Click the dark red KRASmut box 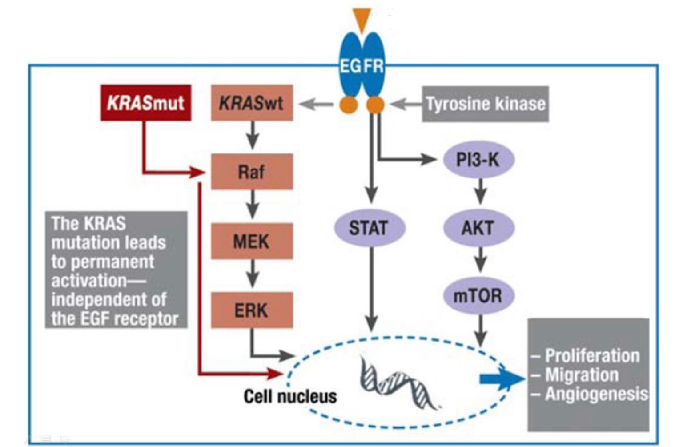coord(146,103)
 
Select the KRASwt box coord(252,103)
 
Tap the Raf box coord(252,172)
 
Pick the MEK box coord(252,241)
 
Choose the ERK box coord(252,310)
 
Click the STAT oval coord(369,228)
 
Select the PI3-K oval coord(478,159)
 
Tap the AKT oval coord(478,228)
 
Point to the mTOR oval coord(478,296)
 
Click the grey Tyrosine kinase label coord(485,104)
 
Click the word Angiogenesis coord(596,394)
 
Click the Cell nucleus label coord(290,396)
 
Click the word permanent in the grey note coord(113,262)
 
